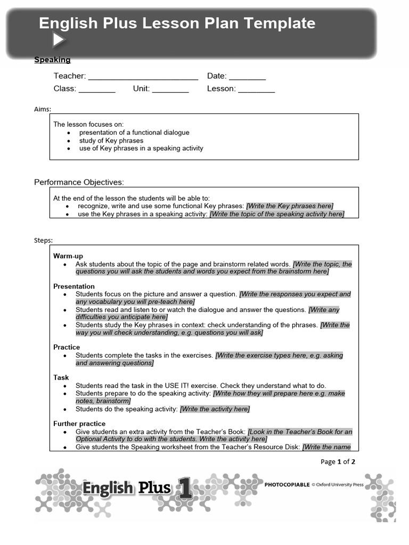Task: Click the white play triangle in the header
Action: click(59, 40)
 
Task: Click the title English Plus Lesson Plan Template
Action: click(177, 23)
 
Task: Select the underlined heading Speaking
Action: click(52, 60)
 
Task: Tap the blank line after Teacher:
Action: click(143, 77)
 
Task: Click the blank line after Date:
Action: click(247, 77)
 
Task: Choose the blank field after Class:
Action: click(97, 89)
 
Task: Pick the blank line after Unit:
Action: click(170, 89)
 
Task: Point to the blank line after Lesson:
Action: click(256, 89)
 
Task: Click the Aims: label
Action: click(43, 109)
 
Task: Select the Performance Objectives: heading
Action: click(79, 182)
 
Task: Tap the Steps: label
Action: click(44, 241)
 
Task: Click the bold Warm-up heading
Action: click(68, 256)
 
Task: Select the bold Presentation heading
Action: click(74, 286)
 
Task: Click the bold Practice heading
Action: click(67, 347)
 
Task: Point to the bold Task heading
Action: click(61, 377)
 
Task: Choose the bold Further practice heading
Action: click(79, 424)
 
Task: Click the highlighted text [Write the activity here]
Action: click(215, 409)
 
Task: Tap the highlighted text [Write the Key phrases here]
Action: click(290, 206)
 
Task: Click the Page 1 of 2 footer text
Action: click(338, 461)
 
